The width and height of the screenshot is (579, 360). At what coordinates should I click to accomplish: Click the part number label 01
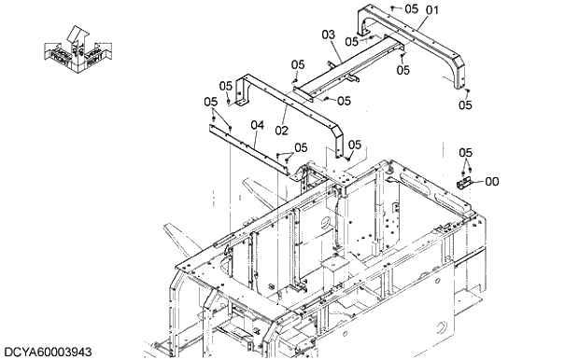pos(431,12)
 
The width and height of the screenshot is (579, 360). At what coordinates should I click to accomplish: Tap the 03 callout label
pos(328,35)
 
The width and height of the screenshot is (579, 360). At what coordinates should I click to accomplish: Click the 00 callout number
pos(491,182)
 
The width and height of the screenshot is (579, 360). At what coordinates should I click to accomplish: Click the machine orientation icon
pos(78,50)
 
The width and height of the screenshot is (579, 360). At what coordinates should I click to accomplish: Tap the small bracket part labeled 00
pos(465,181)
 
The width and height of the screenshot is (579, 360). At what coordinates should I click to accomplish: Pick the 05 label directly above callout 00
pos(465,152)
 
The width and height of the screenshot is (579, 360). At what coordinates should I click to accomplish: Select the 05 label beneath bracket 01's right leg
pos(464,105)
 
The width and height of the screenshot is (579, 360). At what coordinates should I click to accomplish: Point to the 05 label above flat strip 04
pos(210,102)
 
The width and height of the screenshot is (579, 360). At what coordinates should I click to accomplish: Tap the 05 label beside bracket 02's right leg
pos(355,145)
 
